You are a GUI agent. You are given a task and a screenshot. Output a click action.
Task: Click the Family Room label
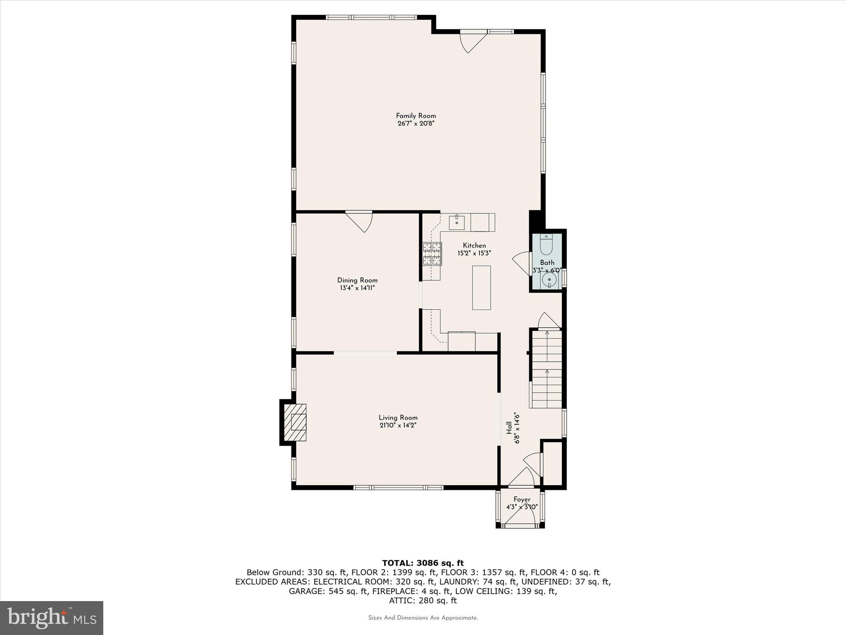click(416, 116)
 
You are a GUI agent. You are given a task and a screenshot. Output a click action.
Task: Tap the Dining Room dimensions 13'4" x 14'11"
click(357, 288)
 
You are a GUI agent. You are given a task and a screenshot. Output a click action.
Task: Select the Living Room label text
click(398, 418)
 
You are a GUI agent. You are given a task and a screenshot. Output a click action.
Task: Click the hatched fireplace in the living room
click(295, 423)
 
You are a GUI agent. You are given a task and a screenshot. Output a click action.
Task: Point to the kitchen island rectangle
click(481, 288)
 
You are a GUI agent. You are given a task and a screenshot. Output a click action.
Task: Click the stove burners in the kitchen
click(432, 254)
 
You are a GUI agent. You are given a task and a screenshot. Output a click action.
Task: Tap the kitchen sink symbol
click(457, 222)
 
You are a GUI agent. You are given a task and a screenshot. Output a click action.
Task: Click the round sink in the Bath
click(549, 279)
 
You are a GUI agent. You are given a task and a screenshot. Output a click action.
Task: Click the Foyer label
click(522, 499)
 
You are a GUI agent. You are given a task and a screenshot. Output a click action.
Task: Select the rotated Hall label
click(509, 428)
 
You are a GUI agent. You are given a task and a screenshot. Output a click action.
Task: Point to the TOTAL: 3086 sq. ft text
click(423, 563)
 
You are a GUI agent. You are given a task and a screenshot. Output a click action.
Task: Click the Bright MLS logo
click(52, 618)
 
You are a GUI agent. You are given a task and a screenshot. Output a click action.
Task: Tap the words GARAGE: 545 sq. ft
click(328, 591)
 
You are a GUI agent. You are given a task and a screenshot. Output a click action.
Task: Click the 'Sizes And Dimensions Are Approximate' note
click(423, 618)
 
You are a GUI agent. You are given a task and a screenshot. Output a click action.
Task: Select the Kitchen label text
click(474, 246)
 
